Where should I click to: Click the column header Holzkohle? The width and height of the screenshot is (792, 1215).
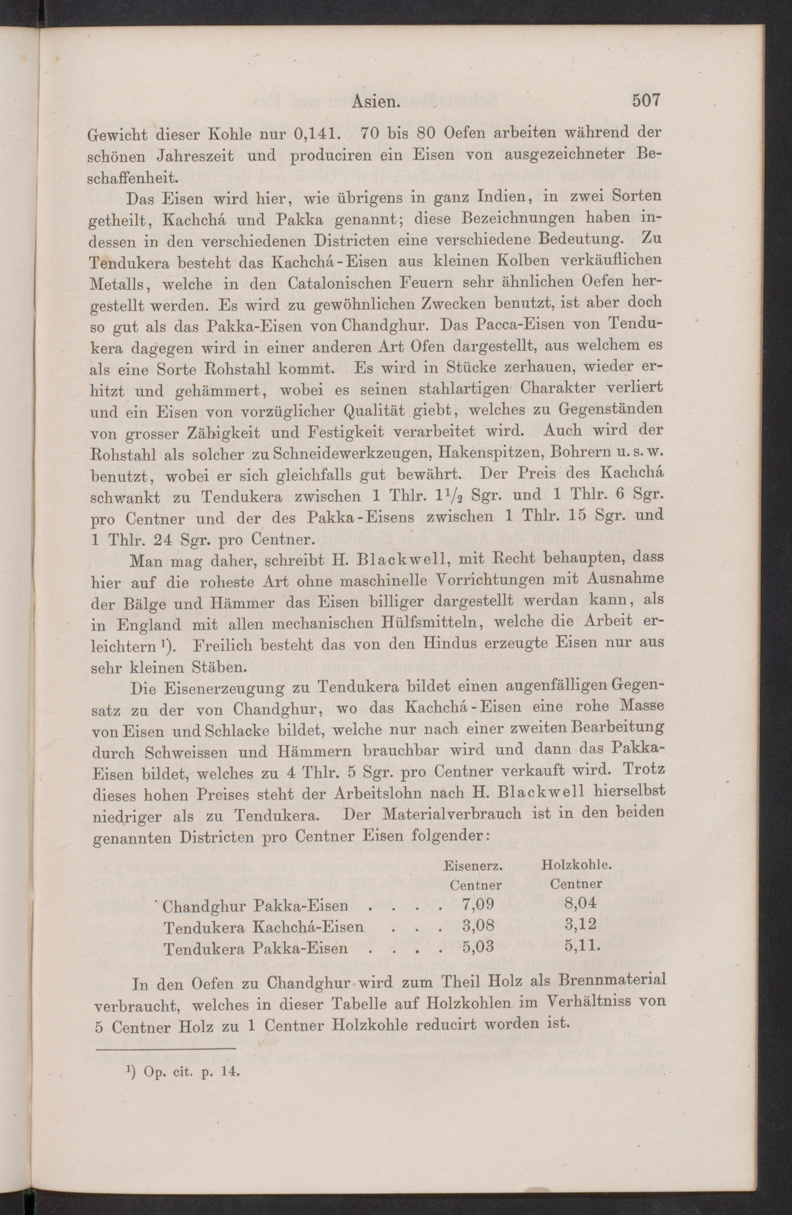tap(577, 865)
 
